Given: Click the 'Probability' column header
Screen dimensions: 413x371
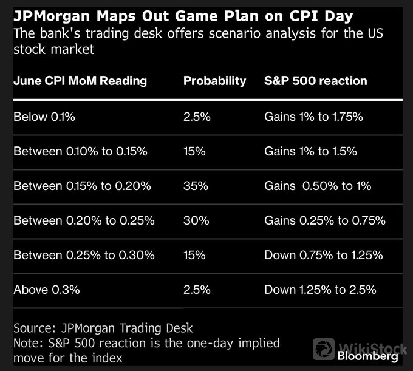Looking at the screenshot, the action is pos(214,81).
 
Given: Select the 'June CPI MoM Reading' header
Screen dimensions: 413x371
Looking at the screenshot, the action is pos(80,81).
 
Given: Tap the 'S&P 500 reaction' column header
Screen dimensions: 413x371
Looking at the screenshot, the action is pos(316,81).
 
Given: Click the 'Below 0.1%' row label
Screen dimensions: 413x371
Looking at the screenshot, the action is pos(44,117).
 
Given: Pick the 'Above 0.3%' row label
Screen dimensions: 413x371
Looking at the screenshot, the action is pos(47,290).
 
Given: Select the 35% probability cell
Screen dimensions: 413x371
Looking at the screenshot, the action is pos(196,186).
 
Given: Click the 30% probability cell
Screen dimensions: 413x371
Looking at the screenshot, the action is pos(196,220).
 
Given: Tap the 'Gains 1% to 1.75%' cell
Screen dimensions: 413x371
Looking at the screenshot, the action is pos(313,117).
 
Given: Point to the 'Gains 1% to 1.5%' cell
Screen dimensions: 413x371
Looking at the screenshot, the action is pos(310,151).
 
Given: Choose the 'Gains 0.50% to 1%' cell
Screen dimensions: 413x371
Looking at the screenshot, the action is pos(318,186).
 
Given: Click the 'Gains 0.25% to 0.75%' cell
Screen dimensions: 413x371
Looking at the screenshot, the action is pos(325,220).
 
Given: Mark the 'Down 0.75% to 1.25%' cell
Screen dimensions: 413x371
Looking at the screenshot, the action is pos(324,255).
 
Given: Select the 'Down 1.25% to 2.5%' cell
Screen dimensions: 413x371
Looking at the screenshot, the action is pos(320,290).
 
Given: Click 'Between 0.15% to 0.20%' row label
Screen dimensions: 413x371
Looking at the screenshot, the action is pos(82,186).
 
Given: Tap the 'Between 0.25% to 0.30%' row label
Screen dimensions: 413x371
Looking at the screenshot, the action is pos(84,255).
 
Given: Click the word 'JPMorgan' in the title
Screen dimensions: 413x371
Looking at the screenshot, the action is pos(52,16).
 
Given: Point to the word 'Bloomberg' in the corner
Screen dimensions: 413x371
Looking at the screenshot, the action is pos(367,356).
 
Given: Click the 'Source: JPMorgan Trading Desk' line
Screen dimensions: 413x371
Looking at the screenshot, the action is pos(103,328).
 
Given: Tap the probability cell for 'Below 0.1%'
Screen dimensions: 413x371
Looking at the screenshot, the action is pos(197,117).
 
